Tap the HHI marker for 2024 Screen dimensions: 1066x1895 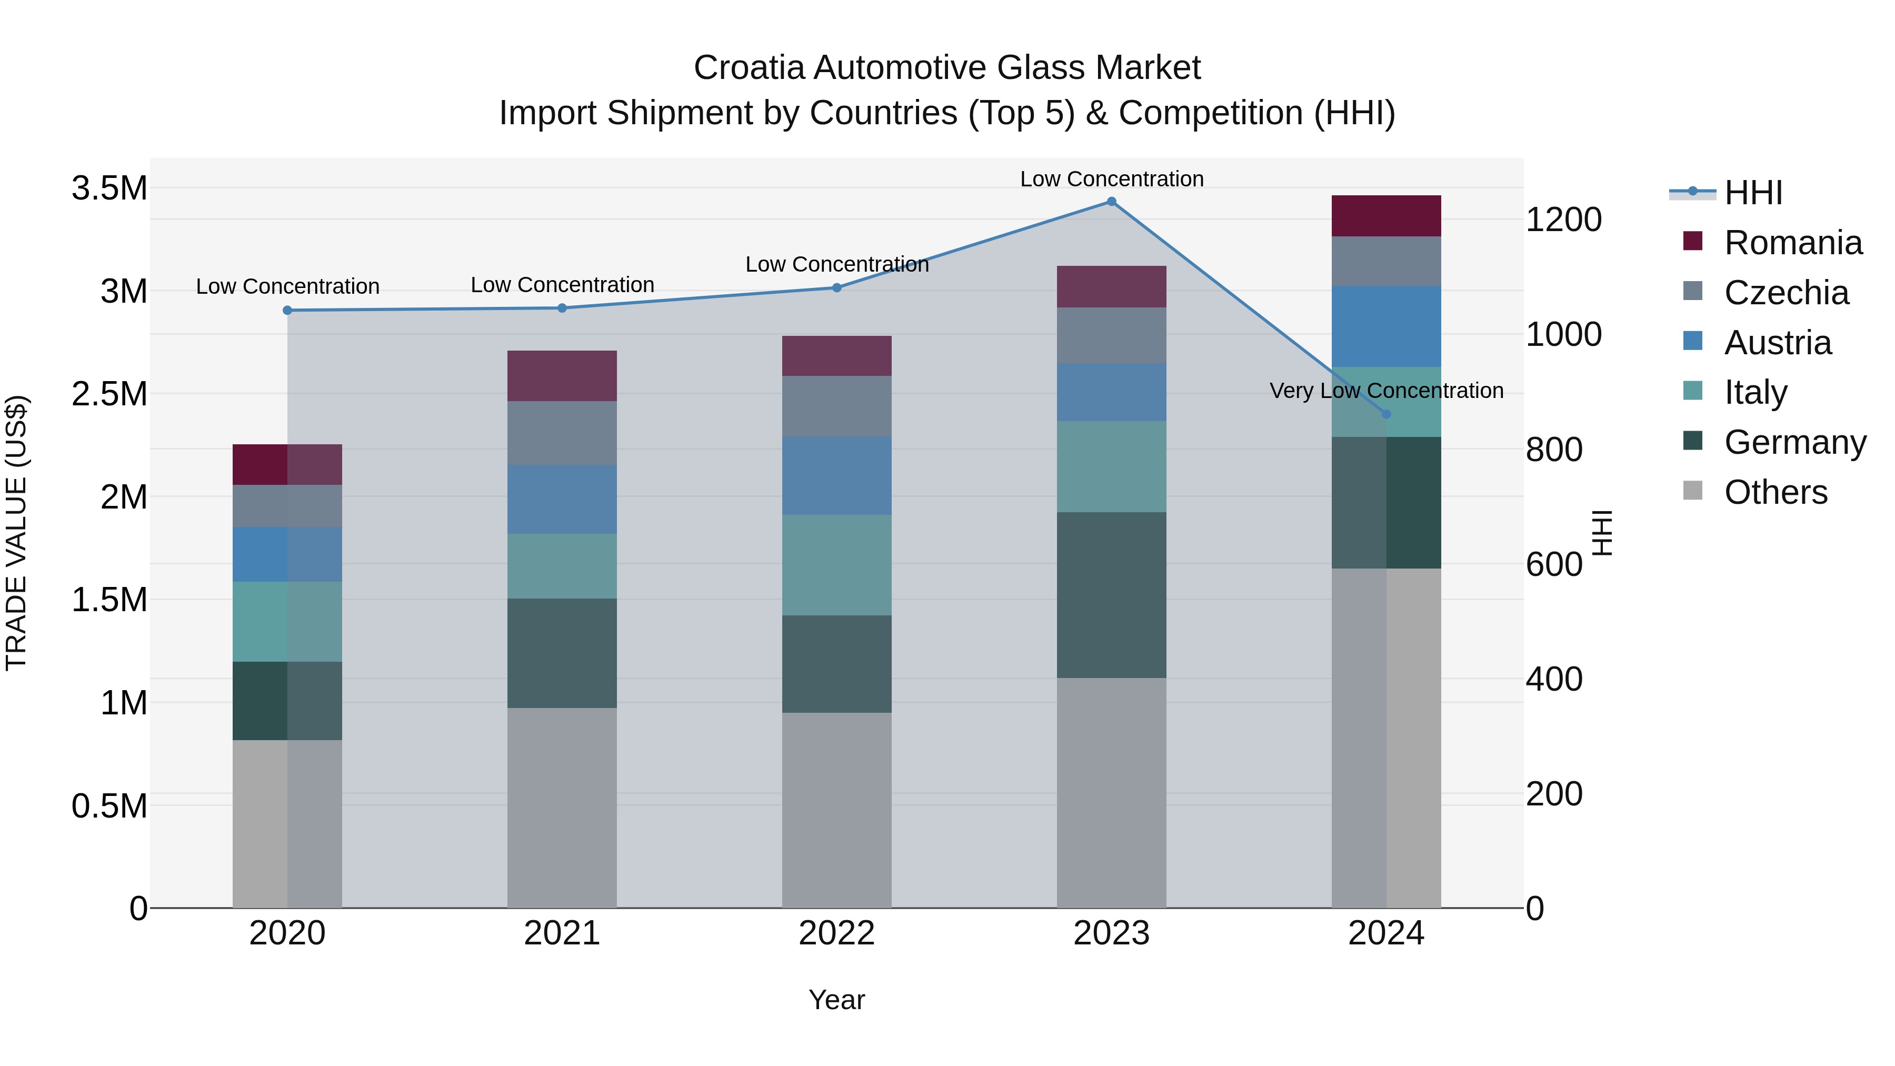pos(1386,414)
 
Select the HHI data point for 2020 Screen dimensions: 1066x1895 pos(287,311)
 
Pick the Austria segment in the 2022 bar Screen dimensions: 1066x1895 pos(836,475)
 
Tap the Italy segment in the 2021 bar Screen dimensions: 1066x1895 pos(562,566)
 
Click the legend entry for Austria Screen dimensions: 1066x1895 pos(1777,343)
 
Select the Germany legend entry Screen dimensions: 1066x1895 pos(1794,442)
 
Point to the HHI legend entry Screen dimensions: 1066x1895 pos(1752,193)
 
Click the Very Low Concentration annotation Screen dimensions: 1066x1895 pos(1386,391)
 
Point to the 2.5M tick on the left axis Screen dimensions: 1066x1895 pos(109,394)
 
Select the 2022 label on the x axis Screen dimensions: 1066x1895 pos(836,933)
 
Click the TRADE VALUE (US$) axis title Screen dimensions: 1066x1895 pos(16,533)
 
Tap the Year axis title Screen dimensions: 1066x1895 pos(836,1000)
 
